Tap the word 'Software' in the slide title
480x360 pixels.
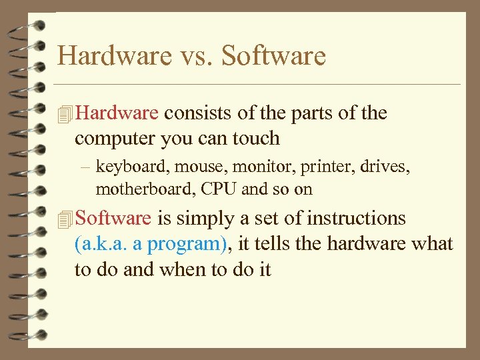point(273,55)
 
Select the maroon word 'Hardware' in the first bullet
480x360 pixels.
point(117,113)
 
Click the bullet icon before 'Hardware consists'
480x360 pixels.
point(64,114)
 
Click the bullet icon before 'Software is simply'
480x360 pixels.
point(64,219)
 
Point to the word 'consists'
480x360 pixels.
point(198,113)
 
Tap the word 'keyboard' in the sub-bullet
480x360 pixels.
point(122,167)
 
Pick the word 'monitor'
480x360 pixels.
point(231,167)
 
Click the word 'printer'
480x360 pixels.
point(287,167)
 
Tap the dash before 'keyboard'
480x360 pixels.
point(89,167)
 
